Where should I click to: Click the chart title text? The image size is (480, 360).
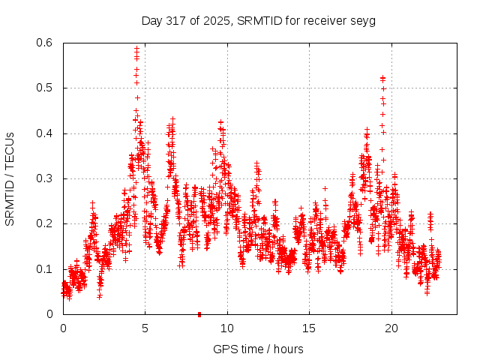[259, 20]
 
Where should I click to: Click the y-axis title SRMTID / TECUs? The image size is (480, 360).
[10, 178]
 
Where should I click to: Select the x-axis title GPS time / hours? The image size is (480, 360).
[259, 349]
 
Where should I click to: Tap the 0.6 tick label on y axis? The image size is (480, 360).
[46, 43]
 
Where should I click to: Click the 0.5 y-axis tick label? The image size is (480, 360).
[46, 88]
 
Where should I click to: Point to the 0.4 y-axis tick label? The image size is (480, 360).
[46, 133]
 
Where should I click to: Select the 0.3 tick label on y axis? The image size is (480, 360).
[46, 178]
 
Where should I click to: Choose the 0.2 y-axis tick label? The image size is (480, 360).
[46, 223]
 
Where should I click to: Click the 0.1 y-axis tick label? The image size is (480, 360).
[46, 268]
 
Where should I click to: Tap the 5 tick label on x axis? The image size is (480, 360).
[145, 328]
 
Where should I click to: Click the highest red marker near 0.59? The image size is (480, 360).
[136, 49]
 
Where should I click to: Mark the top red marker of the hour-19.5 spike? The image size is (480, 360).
[382, 77]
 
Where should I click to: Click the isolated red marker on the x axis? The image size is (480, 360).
[199, 314]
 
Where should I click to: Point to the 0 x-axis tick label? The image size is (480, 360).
[63, 328]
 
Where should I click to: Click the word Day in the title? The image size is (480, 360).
[151, 20]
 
